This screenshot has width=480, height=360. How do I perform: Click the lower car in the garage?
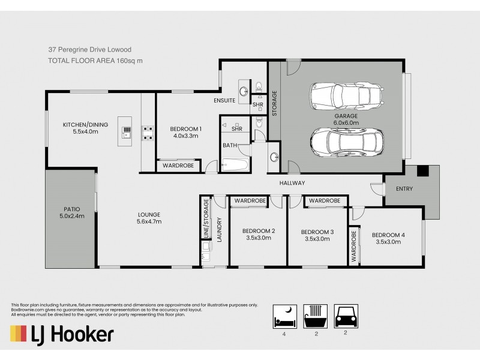pos(346,142)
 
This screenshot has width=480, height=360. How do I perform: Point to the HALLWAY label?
pos(292,183)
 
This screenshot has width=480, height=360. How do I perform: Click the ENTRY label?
pos(404,189)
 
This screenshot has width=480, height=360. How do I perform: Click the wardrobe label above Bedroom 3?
pos(325,200)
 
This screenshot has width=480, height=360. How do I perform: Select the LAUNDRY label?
pos(220,229)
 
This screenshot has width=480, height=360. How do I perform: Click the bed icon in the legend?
pos(281,314)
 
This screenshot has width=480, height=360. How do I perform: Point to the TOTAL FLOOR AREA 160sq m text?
pos(95,61)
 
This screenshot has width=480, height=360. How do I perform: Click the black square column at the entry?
pos(423,171)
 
